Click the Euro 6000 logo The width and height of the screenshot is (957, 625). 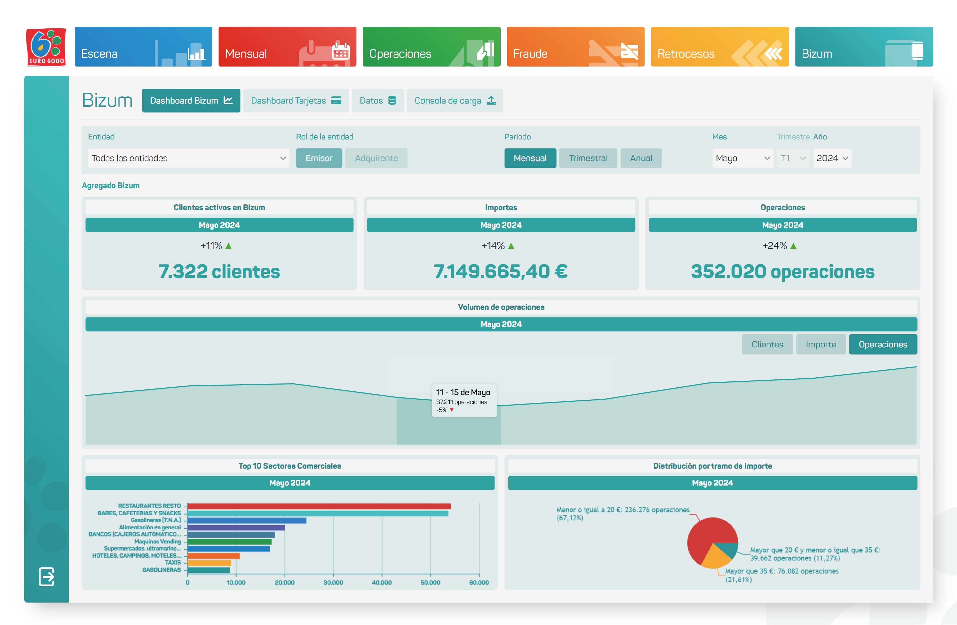click(x=46, y=47)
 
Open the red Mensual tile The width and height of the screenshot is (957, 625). click(x=287, y=47)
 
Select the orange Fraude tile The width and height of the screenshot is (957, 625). click(x=576, y=47)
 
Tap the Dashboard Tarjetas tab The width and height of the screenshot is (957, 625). click(x=296, y=100)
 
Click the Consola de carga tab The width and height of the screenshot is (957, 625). click(x=455, y=100)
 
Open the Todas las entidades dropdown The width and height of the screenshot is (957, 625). click(x=188, y=158)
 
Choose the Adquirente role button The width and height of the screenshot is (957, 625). click(x=376, y=158)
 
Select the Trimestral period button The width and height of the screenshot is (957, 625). click(x=588, y=158)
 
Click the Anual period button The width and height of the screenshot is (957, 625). click(x=641, y=158)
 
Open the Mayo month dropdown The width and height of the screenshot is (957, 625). click(x=742, y=158)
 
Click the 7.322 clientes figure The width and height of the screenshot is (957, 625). click(x=219, y=271)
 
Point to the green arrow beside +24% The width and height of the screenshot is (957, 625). click(x=793, y=246)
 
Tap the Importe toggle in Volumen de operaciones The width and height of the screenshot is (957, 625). click(x=820, y=344)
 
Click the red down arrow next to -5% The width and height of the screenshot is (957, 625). click(x=451, y=410)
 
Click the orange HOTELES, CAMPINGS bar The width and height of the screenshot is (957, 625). click(x=214, y=556)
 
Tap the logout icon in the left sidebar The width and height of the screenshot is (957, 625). click(x=47, y=577)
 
